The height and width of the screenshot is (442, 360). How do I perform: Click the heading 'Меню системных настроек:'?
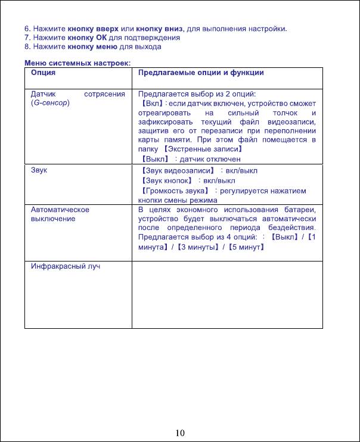77,64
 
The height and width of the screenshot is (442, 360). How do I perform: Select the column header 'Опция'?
44,73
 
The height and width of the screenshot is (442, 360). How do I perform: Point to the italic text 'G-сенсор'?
51,103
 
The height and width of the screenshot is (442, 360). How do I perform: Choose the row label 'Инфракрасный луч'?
66,266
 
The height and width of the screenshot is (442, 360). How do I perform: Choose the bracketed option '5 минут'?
245,247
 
